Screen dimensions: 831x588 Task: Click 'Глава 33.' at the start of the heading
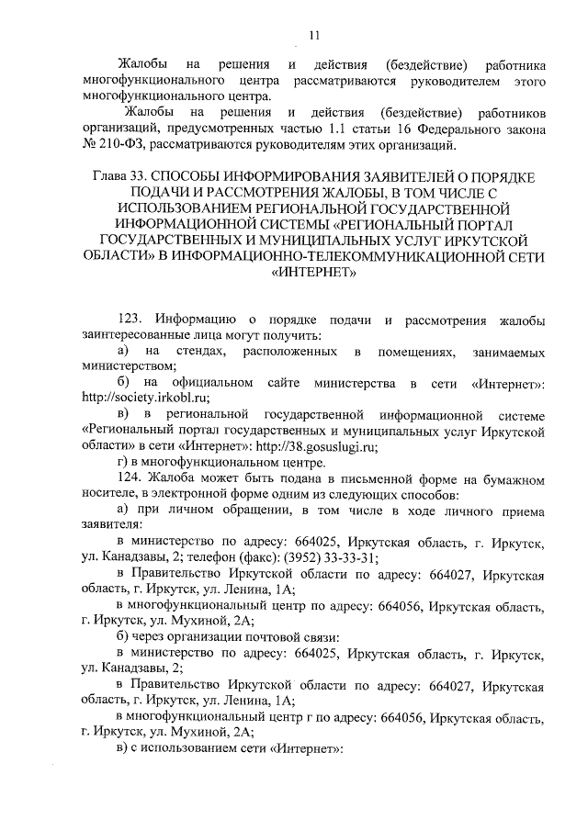pos(122,175)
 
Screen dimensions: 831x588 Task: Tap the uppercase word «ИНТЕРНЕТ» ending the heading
pos(312,273)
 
